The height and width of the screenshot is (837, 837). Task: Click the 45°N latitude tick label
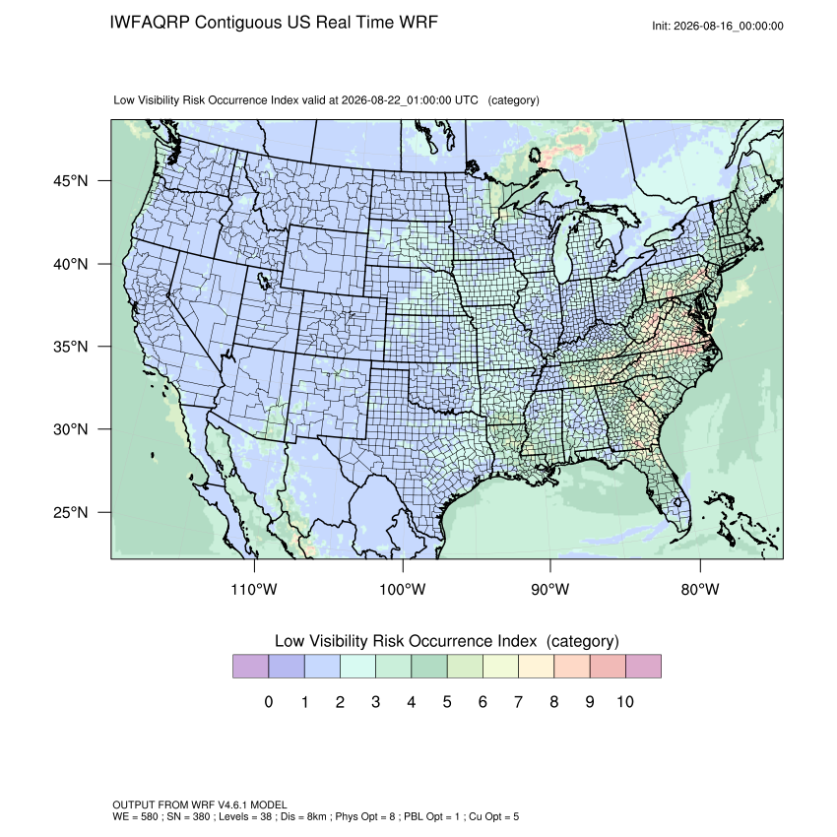pos(71,181)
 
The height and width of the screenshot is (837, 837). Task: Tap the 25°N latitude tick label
pos(71,512)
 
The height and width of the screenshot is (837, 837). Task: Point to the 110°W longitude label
pos(254,589)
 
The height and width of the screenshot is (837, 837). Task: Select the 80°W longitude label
pos(700,589)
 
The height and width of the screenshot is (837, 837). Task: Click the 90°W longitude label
pos(549,589)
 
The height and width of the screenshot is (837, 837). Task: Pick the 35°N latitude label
pos(71,347)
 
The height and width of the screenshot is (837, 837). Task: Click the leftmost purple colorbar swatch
pos(250,667)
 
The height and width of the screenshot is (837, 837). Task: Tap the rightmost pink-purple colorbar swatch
pos(643,667)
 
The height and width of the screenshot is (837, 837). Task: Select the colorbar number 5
pos(447,702)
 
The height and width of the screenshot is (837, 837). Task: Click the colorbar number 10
pos(625,702)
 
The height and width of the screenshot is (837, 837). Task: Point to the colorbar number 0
pos(269,702)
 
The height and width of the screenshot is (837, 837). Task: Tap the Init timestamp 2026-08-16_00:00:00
pos(728,27)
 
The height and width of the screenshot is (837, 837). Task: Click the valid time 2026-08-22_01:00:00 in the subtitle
pos(397,100)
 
